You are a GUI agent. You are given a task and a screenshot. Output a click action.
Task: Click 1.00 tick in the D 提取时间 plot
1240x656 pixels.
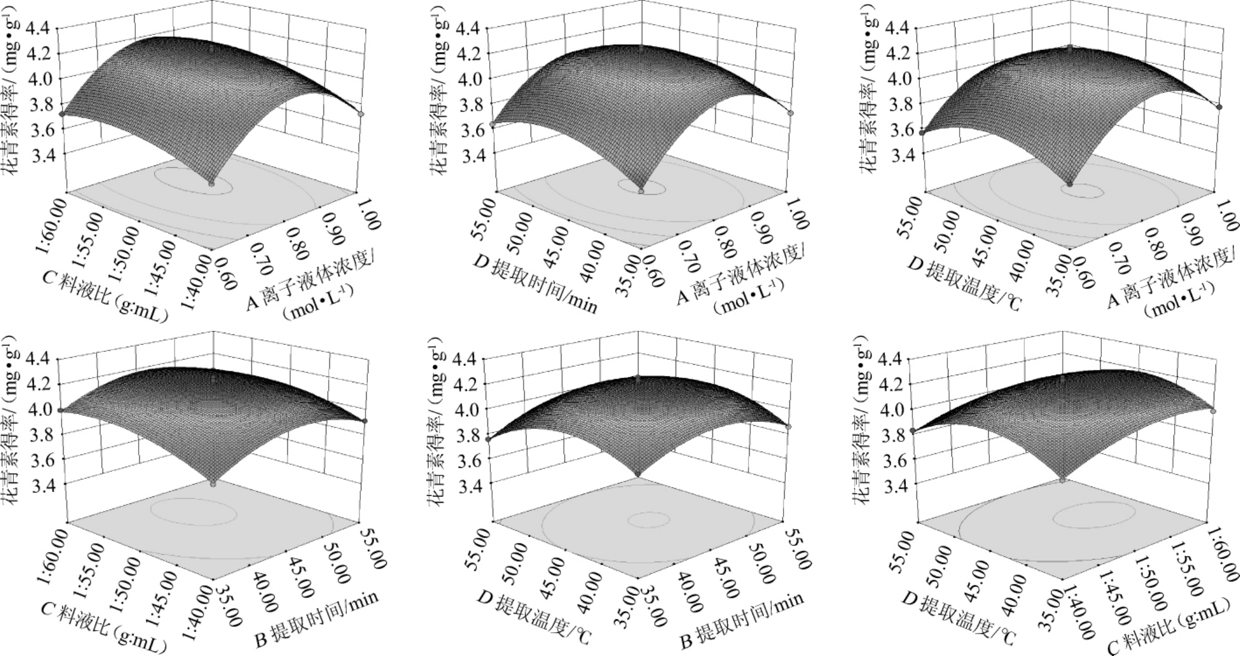pos(797,216)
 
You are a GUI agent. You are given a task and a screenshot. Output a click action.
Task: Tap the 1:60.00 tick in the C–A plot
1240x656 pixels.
pos(52,215)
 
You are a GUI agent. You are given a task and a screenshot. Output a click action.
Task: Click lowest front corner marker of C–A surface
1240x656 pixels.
pos(211,184)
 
